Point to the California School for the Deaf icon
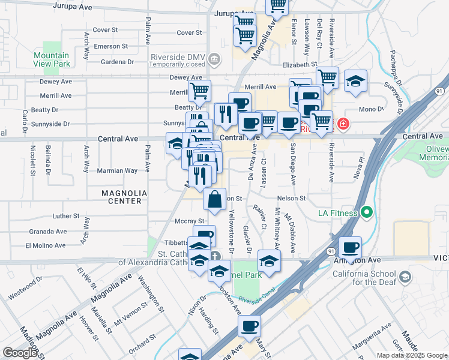point(405,277)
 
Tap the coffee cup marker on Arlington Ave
point(350,247)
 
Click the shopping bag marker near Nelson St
point(215,199)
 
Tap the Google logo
point(20,353)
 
